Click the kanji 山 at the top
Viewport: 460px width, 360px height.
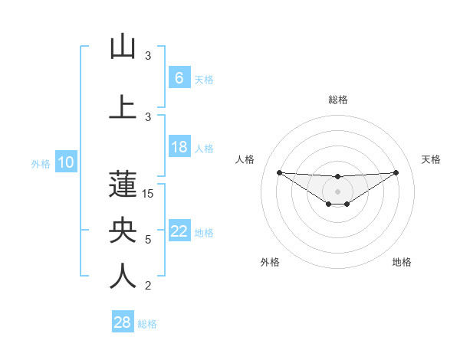(123, 47)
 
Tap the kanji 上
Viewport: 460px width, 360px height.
(123, 107)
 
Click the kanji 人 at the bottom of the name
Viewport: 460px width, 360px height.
(123, 277)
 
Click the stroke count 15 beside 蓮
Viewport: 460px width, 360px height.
(149, 194)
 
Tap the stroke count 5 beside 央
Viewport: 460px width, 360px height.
(148, 240)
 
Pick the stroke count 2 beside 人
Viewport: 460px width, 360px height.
(148, 286)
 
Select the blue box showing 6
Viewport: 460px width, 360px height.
(179, 78)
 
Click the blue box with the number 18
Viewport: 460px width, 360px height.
(179, 147)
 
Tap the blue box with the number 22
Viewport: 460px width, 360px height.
(179, 231)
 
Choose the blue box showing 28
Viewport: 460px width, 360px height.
(122, 322)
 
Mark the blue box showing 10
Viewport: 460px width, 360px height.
(65, 162)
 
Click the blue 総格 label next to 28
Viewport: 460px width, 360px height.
(147, 324)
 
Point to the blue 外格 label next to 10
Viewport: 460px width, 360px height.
(40, 163)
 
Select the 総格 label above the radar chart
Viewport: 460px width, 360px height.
(337, 100)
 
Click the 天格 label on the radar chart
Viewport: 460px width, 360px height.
(431, 159)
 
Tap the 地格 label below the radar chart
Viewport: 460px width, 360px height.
(402, 263)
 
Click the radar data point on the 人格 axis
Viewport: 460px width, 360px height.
(279, 172)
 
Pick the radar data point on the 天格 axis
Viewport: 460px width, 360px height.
(396, 172)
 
